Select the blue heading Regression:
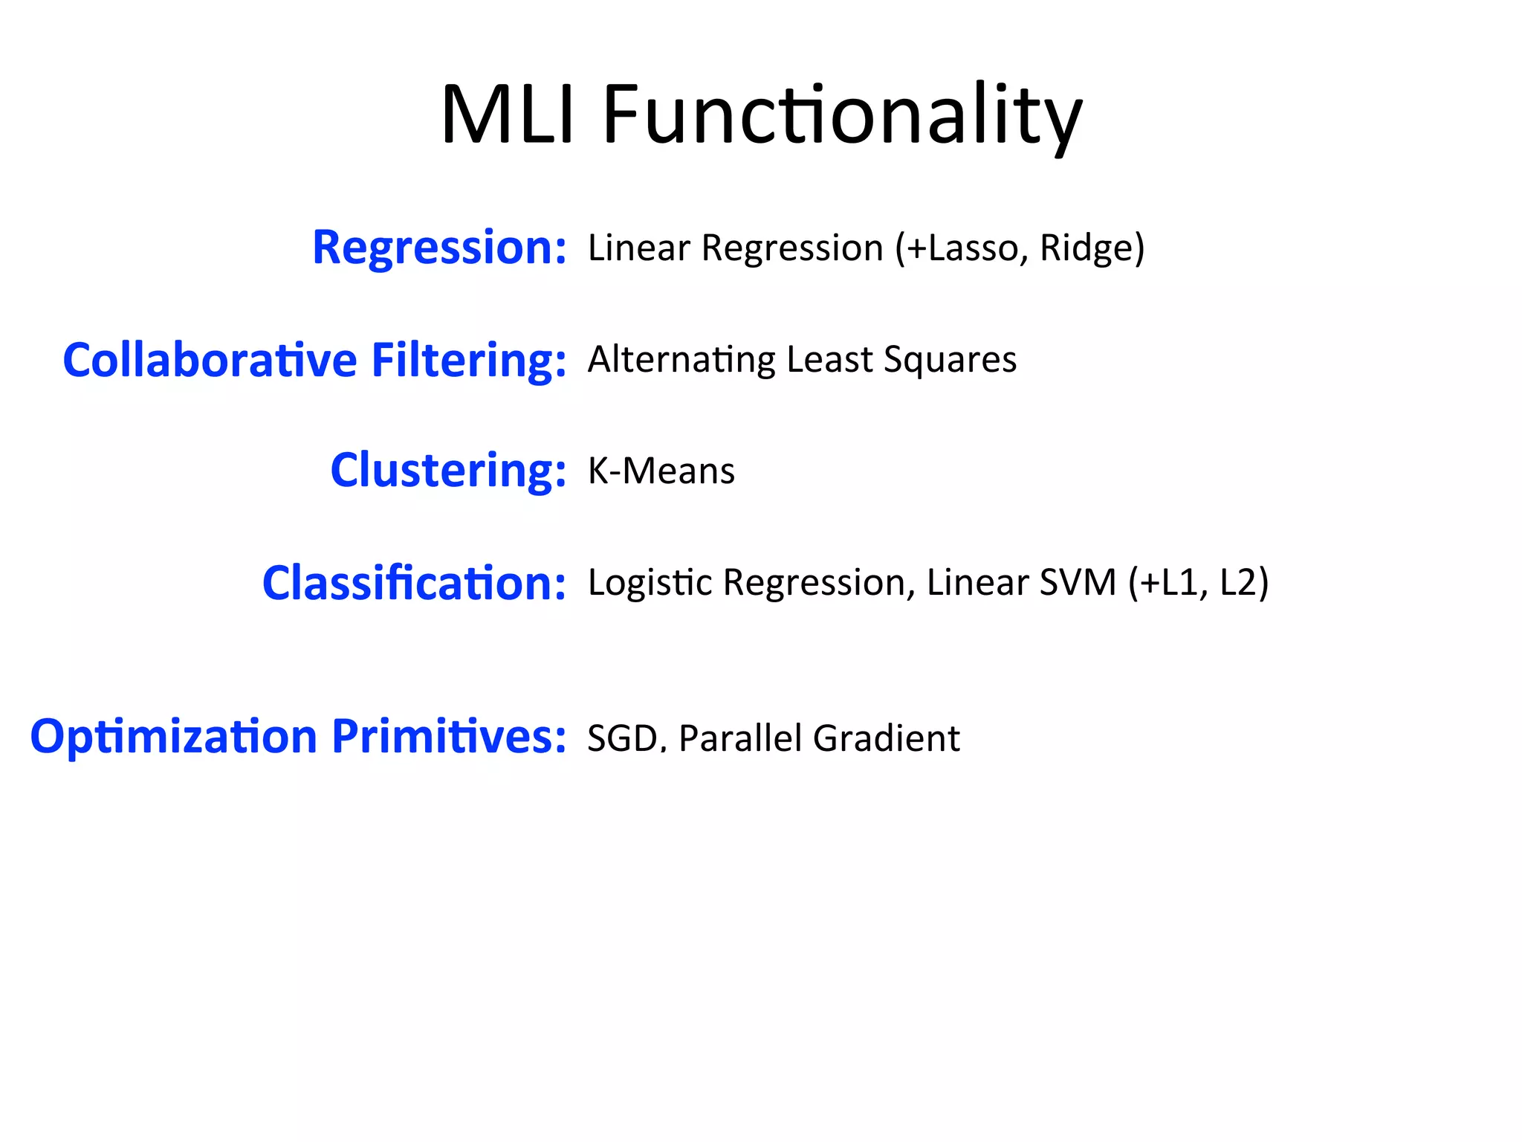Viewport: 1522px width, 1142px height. pos(439,248)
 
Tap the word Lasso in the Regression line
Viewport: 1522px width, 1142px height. pos(974,248)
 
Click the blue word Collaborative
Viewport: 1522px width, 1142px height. pos(210,360)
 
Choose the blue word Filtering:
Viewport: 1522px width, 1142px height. pos(468,360)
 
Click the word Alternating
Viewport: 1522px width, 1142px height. pos(681,360)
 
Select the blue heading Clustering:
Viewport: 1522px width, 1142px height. pos(448,471)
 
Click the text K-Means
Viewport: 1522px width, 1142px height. pos(661,471)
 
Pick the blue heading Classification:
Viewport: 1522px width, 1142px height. pos(414,583)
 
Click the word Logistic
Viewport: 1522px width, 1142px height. pos(650,582)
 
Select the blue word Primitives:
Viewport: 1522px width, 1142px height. pos(449,737)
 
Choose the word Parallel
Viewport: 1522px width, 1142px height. pos(740,738)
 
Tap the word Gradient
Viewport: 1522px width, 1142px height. pos(887,738)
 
